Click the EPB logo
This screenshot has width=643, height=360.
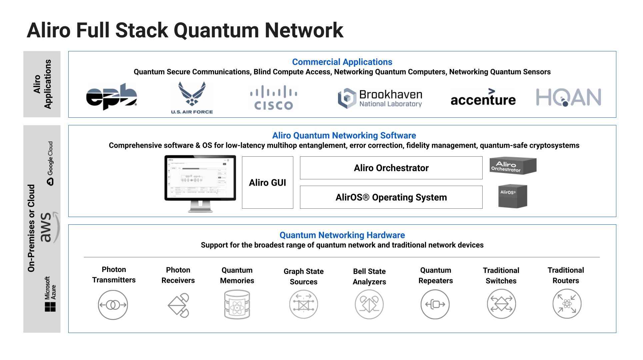point(111,97)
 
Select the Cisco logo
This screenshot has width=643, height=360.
point(273,98)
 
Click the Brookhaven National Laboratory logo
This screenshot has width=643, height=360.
point(380,98)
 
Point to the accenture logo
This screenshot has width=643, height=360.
point(483,98)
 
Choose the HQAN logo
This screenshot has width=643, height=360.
point(568,97)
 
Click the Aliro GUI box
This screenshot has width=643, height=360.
point(267,183)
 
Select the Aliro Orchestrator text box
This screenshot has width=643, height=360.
point(391,168)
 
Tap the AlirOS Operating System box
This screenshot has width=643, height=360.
point(391,197)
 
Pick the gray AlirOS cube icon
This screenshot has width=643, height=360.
point(512,196)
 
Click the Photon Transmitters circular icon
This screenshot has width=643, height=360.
point(113,305)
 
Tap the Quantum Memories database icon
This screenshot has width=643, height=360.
point(237,305)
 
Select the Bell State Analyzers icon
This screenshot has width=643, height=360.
point(369,304)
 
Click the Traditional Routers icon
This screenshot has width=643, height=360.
point(567,304)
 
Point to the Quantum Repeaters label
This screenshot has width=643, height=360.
point(435,275)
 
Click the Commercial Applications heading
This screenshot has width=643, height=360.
point(342,62)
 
